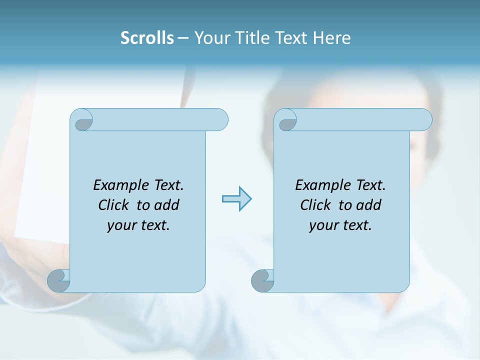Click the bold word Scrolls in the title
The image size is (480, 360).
[147, 38]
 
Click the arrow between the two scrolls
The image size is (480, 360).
[236, 199]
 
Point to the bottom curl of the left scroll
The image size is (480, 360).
[58, 281]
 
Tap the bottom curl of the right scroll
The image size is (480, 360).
[262, 281]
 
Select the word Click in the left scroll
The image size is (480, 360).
[114, 205]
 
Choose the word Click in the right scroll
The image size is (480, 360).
[316, 205]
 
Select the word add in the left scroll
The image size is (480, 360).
[166, 205]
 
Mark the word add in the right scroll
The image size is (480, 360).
[368, 205]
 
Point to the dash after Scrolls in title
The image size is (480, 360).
[183, 38]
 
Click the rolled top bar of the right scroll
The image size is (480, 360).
[360, 119]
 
